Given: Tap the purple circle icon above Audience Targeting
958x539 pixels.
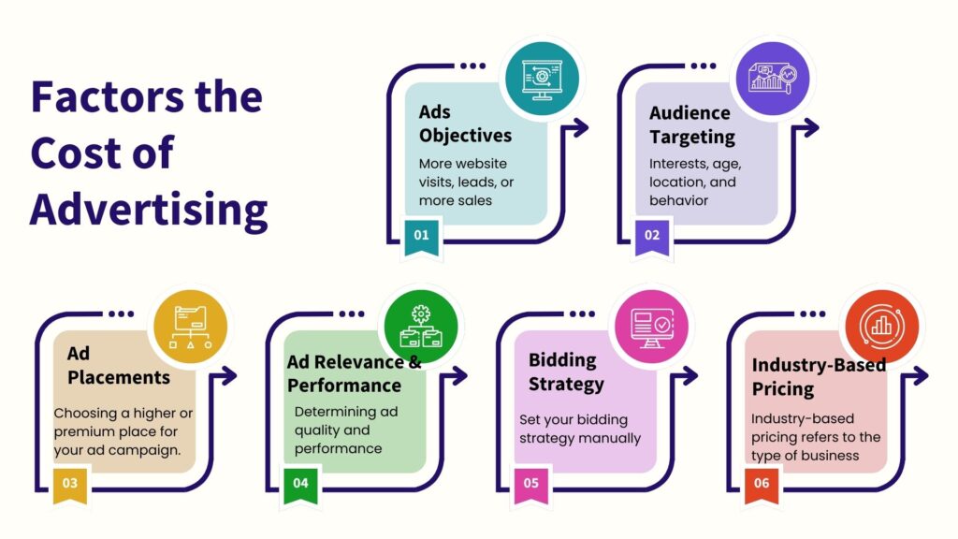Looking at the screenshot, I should click(771, 78).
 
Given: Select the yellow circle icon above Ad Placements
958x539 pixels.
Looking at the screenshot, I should click(188, 327).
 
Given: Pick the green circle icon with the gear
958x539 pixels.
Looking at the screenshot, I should click(418, 327).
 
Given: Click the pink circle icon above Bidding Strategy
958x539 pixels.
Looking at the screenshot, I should click(649, 327).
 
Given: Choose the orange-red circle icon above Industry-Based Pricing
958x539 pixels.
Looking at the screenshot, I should click(880, 327).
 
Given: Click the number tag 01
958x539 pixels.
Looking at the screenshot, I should click(422, 236).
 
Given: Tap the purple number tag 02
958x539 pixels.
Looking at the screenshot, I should click(652, 236).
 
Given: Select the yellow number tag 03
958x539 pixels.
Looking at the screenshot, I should click(70, 485).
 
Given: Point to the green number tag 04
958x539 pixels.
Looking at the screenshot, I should click(300, 485).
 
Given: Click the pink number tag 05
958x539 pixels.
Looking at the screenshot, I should click(531, 485).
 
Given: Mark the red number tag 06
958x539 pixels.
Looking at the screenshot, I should click(762, 485).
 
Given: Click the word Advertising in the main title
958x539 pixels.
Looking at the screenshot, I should click(149, 210).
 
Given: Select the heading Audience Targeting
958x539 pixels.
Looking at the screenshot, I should click(691, 124).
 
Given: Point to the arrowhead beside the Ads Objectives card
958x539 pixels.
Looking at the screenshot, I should click(581, 128).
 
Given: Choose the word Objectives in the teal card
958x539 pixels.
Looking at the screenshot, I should click(465, 136).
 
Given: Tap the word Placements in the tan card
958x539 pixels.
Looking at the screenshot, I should click(119, 377).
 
